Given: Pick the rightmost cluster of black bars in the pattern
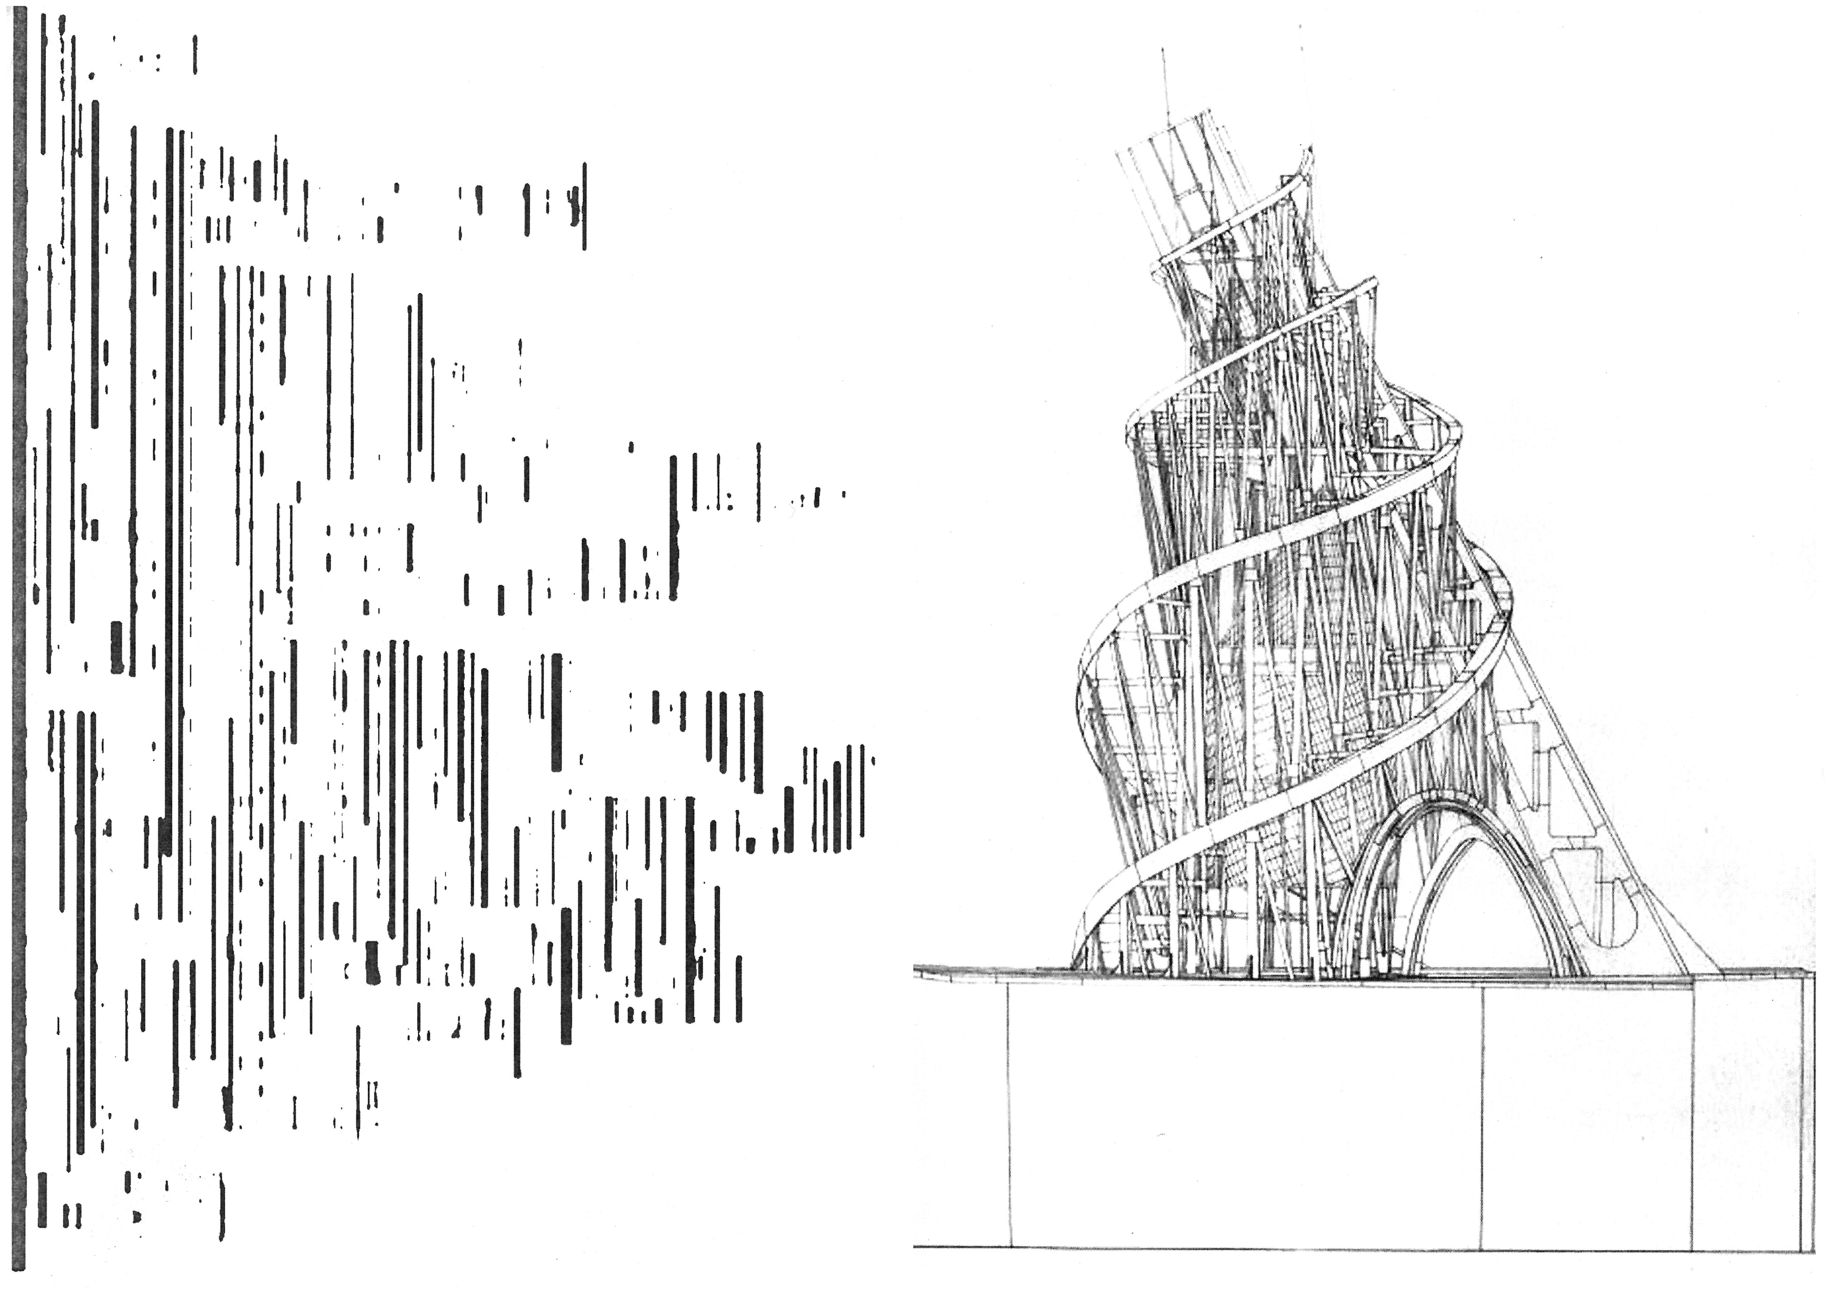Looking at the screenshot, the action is (837, 797).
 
